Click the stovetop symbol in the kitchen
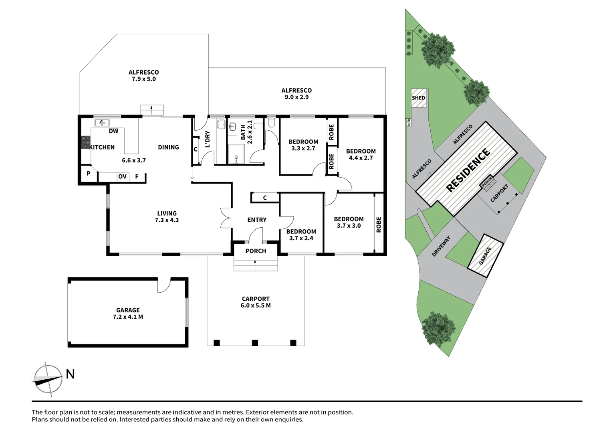tap(86, 143)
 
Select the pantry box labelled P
tap(89, 174)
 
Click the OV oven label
tap(122, 176)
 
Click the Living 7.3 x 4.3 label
tap(167, 216)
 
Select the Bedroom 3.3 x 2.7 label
tap(303, 145)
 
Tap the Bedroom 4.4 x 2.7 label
tap(361, 154)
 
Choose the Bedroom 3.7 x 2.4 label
tap(301, 235)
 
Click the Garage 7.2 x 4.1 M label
tap(128, 313)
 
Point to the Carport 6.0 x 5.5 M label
tap(256, 302)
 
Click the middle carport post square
tap(254, 343)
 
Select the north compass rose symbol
tap(48, 378)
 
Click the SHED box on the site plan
tap(419, 98)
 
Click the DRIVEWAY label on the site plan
tap(441, 246)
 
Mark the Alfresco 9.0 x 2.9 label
tap(296, 93)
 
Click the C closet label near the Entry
tap(265, 198)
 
